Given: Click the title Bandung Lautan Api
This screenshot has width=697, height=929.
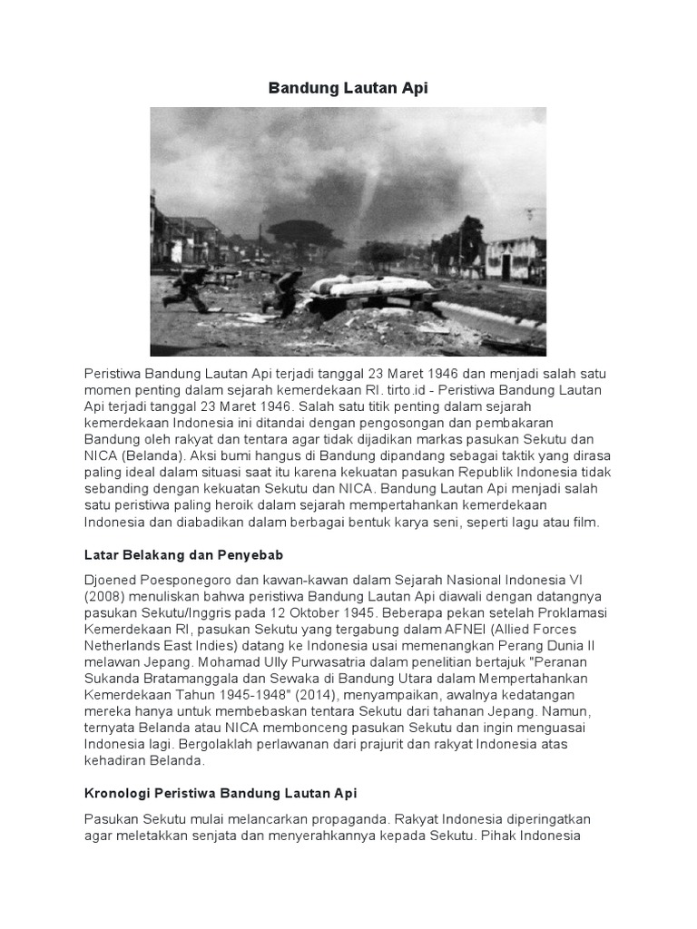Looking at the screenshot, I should [348, 88].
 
